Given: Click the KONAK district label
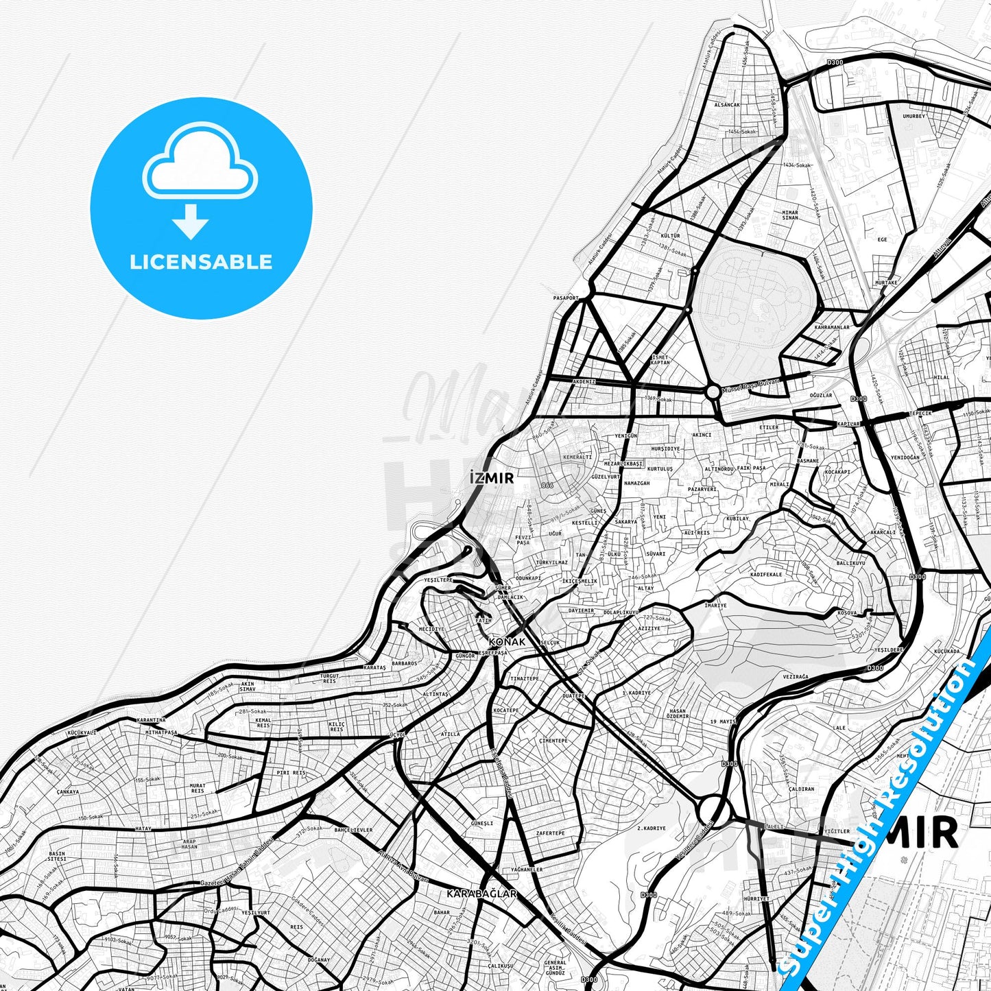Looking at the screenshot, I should [x=507, y=642].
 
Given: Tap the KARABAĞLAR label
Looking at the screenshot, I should [x=481, y=894].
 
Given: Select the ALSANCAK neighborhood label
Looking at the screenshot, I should [x=727, y=105].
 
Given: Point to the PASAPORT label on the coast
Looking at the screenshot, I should [x=566, y=298].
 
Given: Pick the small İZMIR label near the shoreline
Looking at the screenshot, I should [x=492, y=478].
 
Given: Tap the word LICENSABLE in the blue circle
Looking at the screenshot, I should [x=201, y=261].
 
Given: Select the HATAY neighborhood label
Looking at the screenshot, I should [x=143, y=828].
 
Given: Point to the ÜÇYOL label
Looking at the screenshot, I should [x=398, y=735].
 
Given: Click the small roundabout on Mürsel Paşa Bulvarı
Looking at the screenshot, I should [x=713, y=392].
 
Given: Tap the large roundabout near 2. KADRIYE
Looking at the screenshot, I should [x=713, y=811].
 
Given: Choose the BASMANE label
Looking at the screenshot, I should [x=808, y=461].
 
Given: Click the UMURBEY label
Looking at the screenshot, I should [x=914, y=117].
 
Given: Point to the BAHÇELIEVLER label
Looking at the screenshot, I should [x=353, y=830].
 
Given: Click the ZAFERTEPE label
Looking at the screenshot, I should [x=550, y=833].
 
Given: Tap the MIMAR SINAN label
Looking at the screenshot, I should [x=790, y=215].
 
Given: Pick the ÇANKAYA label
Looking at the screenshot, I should [x=68, y=791].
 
